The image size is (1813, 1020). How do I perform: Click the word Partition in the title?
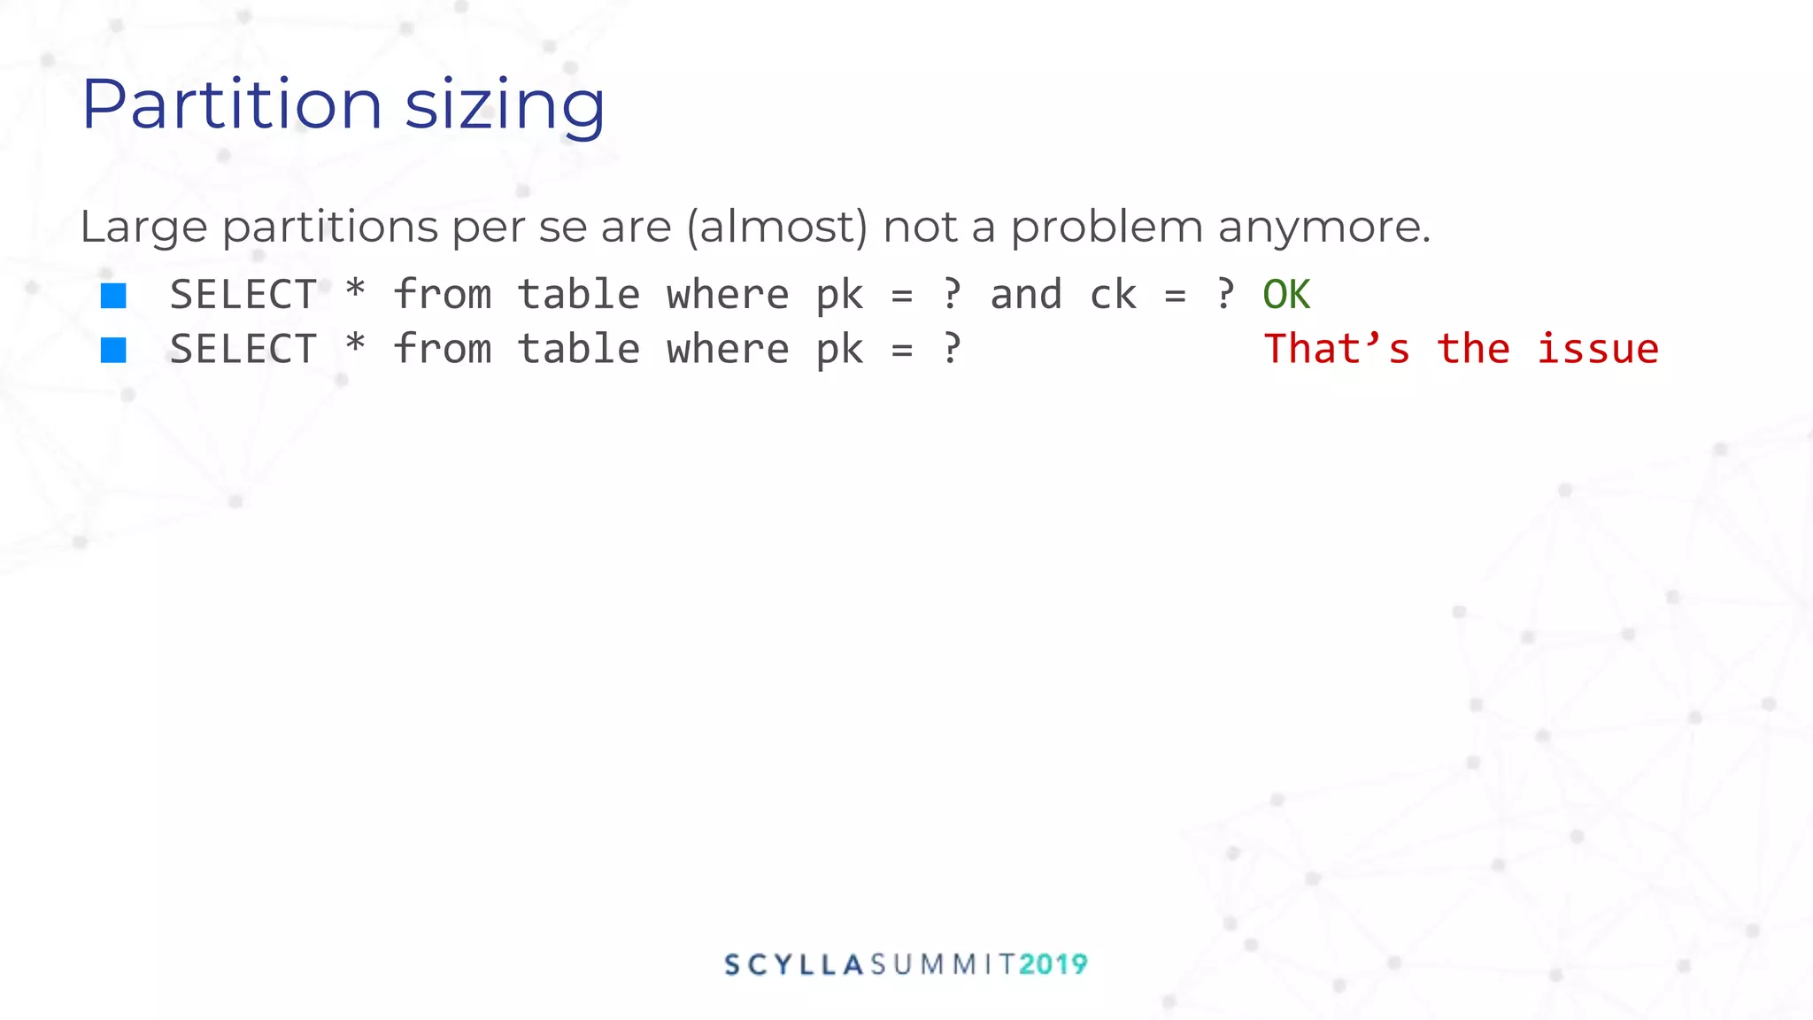point(232,104)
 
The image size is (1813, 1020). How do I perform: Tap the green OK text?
point(1285,295)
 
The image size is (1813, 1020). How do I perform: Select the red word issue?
point(1597,349)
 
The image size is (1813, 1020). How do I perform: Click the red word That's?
point(1337,349)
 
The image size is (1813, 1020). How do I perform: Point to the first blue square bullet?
point(113,296)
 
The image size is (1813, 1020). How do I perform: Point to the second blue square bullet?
point(113,350)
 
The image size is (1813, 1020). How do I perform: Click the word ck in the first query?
point(1113,295)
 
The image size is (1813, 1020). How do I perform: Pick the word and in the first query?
point(1025,295)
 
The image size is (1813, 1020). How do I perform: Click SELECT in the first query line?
point(243,295)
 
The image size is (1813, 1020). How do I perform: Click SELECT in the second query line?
point(243,349)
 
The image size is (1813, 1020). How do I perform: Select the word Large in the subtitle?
point(143,227)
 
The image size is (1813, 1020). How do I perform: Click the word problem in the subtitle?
point(1107,227)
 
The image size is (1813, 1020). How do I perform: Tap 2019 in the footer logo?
point(1053,964)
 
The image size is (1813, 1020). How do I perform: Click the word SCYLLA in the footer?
point(794,964)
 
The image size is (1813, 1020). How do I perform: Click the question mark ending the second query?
point(952,349)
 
